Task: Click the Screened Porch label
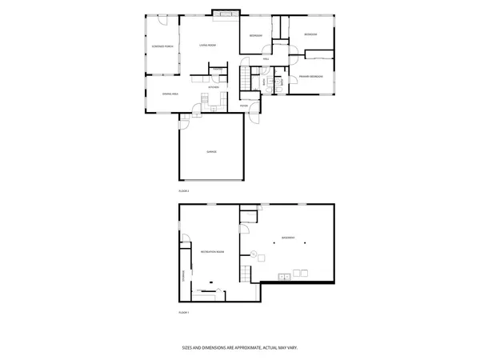[x=162, y=46]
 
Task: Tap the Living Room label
[x=208, y=46]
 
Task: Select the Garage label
[x=211, y=151]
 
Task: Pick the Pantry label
[x=216, y=70]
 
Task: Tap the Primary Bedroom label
[x=310, y=76]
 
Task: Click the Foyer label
[x=244, y=105]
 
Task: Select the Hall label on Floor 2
[x=265, y=58]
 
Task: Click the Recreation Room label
[x=211, y=252]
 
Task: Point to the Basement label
[x=287, y=238]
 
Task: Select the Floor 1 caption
[x=184, y=311]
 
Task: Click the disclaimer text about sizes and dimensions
[x=240, y=348]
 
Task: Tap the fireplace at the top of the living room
[x=226, y=14]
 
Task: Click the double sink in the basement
[x=284, y=278]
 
